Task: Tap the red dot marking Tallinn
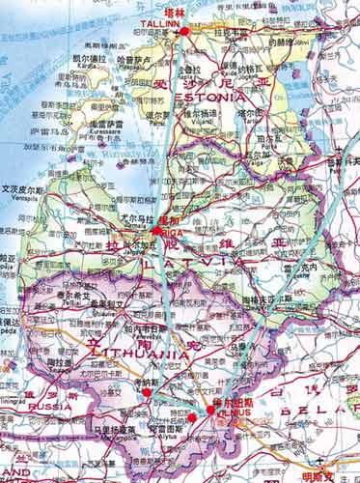point(184,32)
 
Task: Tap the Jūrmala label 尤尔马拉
point(142,218)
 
